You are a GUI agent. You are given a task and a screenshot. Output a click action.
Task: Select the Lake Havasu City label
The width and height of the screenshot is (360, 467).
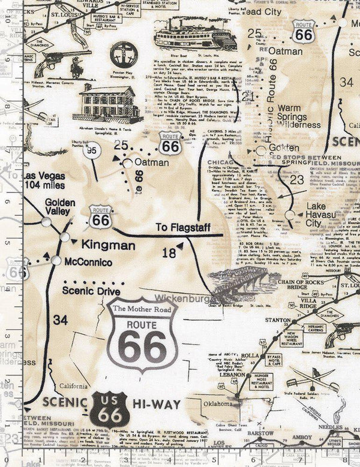(322, 214)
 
